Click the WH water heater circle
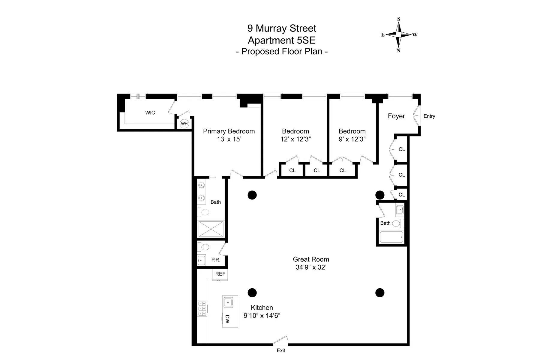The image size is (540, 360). [184, 124]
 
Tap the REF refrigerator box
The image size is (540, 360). [220, 274]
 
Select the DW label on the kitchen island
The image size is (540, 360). [227, 319]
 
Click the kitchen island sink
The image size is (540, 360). [229, 302]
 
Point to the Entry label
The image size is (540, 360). [429, 116]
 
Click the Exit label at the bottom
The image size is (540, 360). [281, 350]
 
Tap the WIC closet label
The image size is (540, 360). [150, 113]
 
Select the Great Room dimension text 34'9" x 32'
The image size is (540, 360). [311, 267]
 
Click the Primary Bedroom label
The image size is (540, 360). [229, 131]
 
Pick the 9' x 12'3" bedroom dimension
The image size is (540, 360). [352, 139]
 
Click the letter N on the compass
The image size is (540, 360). [398, 51]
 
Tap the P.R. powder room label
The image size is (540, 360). [216, 260]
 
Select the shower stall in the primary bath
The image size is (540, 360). [211, 229]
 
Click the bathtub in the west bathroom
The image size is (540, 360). [391, 237]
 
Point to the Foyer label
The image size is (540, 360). [396, 116]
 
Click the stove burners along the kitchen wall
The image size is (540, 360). [202, 308]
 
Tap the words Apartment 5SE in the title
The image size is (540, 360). [281, 40]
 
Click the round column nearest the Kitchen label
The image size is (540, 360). [252, 292]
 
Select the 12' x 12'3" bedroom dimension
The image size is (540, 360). [295, 139]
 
